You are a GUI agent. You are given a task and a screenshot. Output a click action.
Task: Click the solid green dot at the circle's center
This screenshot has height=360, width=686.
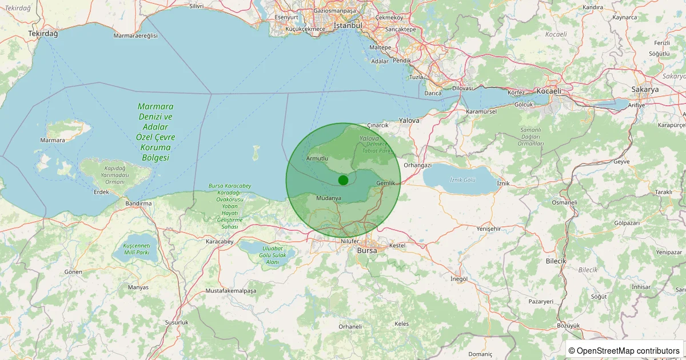[343, 180]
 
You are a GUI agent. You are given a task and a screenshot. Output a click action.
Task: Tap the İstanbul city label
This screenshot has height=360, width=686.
[348, 26]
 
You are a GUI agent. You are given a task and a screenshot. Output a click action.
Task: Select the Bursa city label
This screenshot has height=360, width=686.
[366, 250]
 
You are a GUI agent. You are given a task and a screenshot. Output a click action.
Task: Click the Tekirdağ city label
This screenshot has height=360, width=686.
[43, 34]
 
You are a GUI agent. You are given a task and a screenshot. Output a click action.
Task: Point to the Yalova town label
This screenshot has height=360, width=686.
[409, 121]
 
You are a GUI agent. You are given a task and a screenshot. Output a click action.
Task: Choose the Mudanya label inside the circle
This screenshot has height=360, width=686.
[329, 198]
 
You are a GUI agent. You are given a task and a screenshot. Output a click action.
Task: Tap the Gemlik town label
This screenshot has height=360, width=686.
[386, 183]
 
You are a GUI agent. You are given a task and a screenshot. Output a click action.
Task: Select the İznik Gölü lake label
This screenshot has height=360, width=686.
[462, 180]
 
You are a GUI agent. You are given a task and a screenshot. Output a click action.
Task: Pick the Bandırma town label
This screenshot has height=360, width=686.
[138, 203]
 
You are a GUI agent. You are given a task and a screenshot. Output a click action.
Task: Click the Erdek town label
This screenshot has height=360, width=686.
[101, 191]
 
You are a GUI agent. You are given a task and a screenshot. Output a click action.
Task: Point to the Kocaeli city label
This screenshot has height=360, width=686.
[549, 91]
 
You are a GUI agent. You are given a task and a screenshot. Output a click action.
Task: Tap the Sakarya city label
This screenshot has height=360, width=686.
[645, 90]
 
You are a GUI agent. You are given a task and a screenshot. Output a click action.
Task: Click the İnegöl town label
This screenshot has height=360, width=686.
[459, 279]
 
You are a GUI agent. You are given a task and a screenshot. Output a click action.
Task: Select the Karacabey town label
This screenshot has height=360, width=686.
[220, 242]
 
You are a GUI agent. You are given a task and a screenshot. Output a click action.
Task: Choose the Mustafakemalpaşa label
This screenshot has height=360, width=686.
[231, 291]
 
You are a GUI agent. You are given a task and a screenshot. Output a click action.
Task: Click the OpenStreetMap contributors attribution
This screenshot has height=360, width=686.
[625, 350]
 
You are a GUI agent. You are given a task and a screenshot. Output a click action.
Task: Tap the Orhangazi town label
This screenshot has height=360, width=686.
[417, 165]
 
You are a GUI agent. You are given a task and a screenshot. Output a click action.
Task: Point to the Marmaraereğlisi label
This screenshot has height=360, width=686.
[135, 35]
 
